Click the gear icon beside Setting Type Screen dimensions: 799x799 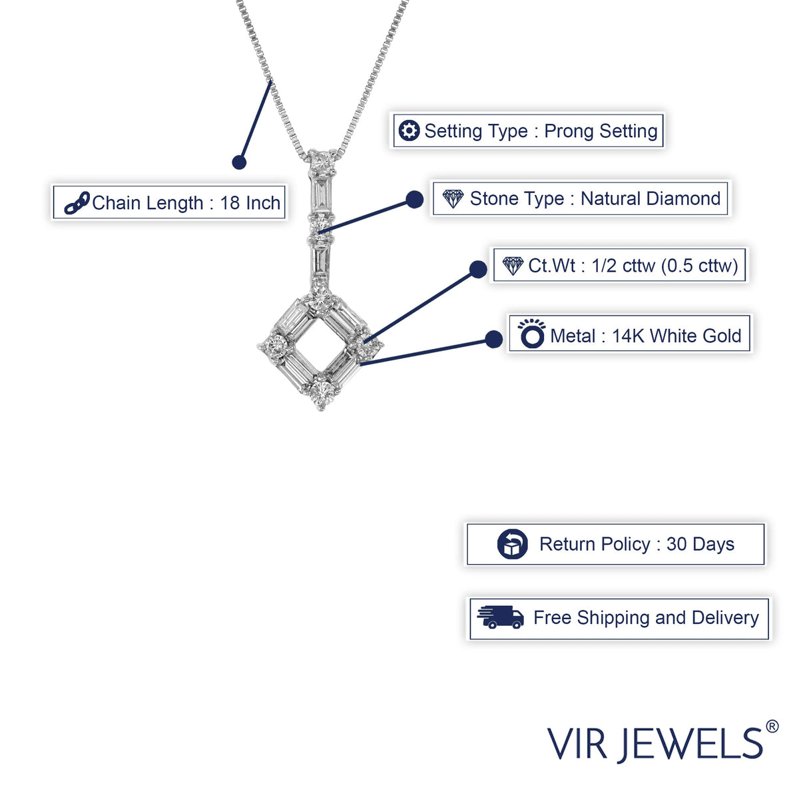409,131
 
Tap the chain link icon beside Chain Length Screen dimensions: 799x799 77,203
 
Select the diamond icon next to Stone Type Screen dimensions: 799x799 453,198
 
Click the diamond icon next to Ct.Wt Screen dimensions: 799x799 513,266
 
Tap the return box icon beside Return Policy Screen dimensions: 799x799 513,544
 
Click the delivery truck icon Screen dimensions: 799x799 501,617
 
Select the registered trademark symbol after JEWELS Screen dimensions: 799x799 772,726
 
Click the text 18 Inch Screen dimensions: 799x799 250,203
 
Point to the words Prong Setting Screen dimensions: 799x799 601,131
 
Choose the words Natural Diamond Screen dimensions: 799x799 651,198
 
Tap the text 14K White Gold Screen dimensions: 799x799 676,336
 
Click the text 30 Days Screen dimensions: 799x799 700,545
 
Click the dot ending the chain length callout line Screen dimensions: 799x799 239,162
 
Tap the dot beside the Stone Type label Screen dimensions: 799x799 415,200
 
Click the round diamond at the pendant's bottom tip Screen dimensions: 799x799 322,392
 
